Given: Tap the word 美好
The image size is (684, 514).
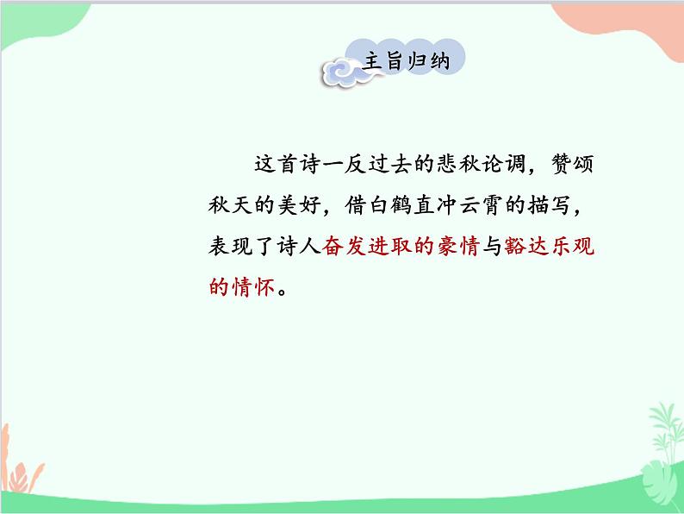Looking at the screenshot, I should (305, 205).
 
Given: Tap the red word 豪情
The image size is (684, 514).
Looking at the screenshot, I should (456, 247).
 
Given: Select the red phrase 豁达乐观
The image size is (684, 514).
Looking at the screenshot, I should (548, 247).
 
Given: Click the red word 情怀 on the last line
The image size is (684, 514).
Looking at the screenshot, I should (257, 288).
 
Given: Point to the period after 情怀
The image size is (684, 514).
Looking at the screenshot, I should (287, 291).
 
